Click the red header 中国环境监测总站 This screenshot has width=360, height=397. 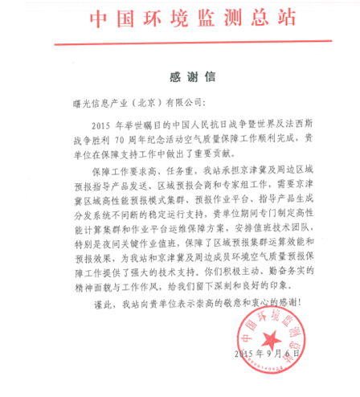(x=179, y=18)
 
